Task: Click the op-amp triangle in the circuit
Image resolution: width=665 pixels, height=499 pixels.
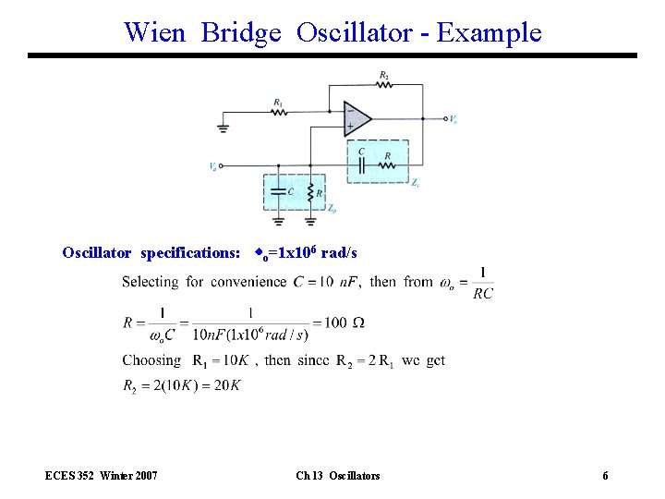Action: [357, 118]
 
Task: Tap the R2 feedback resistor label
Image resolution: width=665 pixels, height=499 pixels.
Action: [383, 74]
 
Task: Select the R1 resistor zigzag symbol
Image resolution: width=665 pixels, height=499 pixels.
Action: [279, 113]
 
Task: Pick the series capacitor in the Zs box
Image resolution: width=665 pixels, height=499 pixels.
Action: [362, 165]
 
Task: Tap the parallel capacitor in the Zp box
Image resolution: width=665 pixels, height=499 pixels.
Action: [279, 192]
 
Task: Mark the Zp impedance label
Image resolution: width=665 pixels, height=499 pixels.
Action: [332, 210]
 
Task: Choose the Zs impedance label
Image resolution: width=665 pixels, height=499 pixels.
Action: [416, 184]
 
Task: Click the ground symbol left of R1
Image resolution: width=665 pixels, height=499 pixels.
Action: [224, 126]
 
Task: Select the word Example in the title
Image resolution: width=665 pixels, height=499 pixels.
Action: [490, 32]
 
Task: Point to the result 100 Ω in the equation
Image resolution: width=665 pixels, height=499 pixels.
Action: [345, 323]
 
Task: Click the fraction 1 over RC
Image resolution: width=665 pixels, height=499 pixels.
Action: [482, 284]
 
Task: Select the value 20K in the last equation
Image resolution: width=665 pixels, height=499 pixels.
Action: [226, 385]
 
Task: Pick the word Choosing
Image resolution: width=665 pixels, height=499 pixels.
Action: [151, 360]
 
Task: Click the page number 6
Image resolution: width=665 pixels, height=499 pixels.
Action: [605, 476]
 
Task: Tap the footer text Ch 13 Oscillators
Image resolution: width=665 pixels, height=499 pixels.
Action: [337, 476]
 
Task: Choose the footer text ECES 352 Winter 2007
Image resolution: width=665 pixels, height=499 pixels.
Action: [101, 476]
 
